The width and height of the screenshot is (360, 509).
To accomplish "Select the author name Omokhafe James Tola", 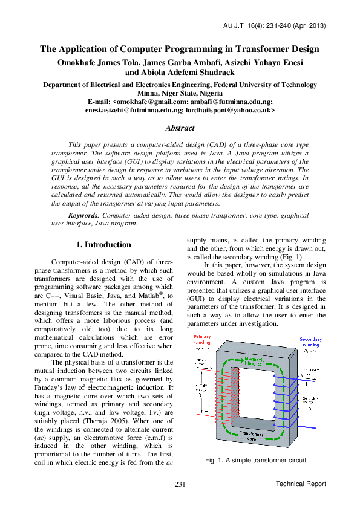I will (x=102, y=62).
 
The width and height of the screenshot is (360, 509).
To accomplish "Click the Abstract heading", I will (x=180, y=128).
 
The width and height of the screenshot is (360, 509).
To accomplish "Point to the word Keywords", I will (x=83, y=215).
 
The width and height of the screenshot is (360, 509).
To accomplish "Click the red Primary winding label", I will (x=203, y=339).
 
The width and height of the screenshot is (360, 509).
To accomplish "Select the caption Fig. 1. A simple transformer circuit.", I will (x=257, y=461).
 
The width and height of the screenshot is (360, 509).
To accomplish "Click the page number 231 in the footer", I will (x=180, y=485).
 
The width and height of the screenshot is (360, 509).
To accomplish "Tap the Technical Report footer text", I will (x=301, y=484).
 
